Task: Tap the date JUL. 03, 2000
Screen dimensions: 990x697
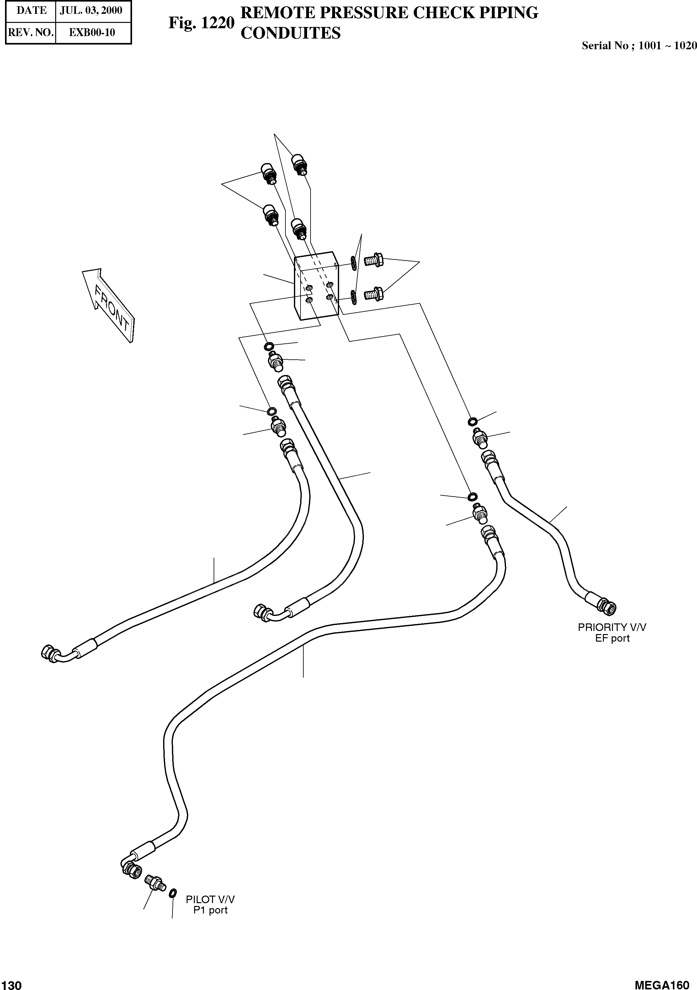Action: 91,10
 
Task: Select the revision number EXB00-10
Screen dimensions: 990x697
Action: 92,32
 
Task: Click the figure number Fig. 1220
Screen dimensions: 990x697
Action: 201,23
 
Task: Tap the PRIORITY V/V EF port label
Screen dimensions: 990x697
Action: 612,633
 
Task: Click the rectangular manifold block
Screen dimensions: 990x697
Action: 316,287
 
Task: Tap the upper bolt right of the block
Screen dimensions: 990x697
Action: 374,260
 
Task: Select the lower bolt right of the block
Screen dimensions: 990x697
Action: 374,294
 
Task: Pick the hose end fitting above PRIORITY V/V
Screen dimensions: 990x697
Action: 606,606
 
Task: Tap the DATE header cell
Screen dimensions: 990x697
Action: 31,10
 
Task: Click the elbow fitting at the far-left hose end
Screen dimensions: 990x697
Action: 51,653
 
